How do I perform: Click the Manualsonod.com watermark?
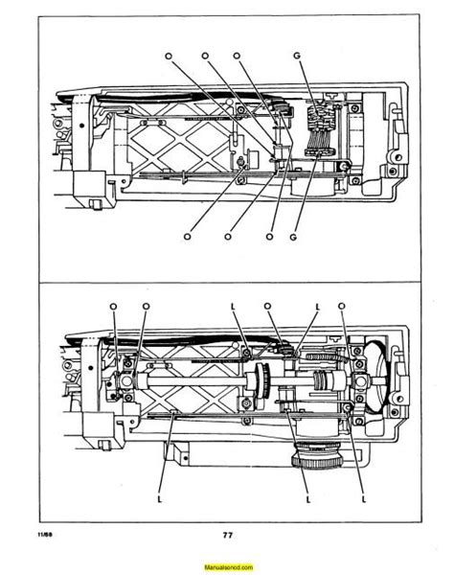227,565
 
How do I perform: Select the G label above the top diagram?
298,58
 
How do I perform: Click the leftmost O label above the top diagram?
169,58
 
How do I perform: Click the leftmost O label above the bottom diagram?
113,306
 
